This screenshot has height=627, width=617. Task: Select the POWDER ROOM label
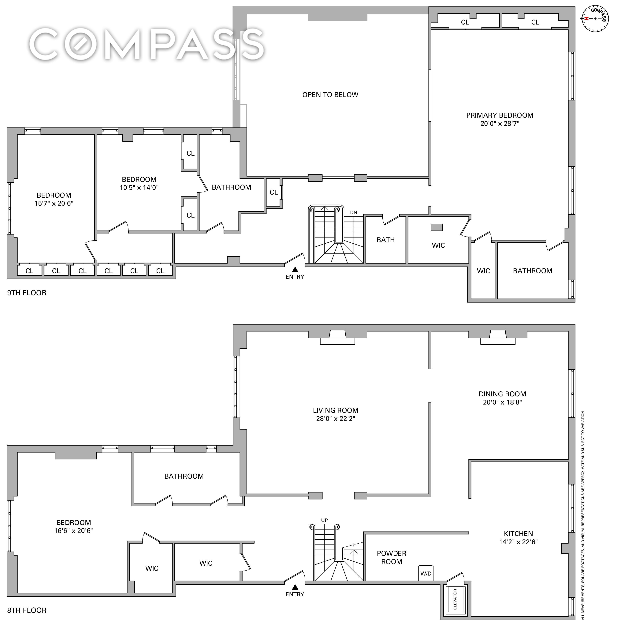[x=392, y=557]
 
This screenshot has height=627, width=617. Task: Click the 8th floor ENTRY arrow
[x=295, y=587]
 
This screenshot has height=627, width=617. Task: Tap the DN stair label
[x=354, y=212]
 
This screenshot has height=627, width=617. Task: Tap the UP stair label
[x=324, y=520]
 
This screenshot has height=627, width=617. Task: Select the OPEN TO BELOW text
[x=330, y=95]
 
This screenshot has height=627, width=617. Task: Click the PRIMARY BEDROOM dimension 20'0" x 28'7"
[x=500, y=123]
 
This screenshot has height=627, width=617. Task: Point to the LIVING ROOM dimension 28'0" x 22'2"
[x=335, y=418]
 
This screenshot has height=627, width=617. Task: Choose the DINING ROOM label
[x=502, y=394]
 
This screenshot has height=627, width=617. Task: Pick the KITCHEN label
[x=518, y=534]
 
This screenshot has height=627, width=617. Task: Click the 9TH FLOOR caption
[x=27, y=293]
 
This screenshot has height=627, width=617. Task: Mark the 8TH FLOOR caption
[x=27, y=610]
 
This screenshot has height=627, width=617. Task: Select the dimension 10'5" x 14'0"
[x=139, y=188]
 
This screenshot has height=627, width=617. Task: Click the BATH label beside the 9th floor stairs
[x=386, y=240]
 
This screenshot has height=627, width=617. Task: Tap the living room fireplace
[x=337, y=337]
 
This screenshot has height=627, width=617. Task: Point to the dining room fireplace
[x=498, y=337]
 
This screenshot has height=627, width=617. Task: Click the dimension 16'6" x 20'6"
[x=74, y=531]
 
